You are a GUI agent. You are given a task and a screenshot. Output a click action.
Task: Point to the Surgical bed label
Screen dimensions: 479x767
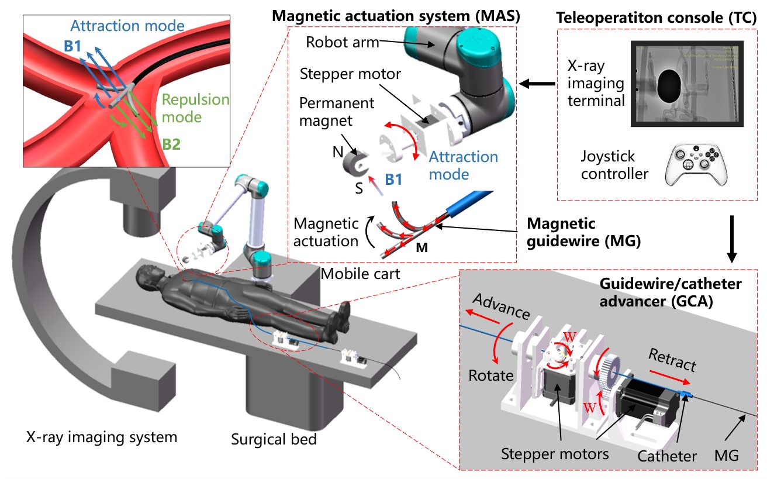click(x=274, y=439)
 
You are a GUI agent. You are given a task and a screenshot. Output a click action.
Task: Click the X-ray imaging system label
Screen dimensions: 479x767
click(x=101, y=436)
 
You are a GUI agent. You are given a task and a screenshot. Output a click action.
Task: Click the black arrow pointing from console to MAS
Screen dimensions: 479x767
click(x=538, y=85)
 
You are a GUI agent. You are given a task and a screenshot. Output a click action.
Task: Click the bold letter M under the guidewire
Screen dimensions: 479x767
click(x=421, y=247)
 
